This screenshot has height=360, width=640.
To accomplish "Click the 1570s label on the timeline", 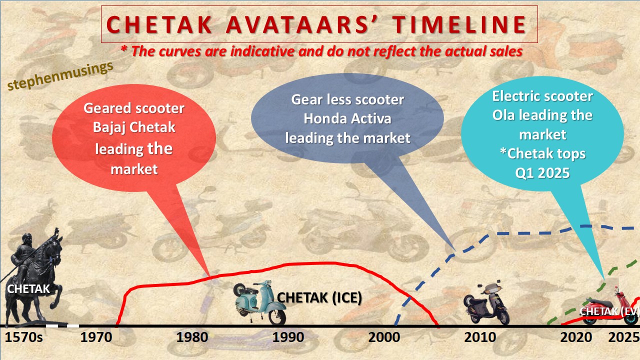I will pyautogui.click(x=24, y=337).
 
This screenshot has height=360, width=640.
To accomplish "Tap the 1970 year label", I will pyautogui.click(x=97, y=337).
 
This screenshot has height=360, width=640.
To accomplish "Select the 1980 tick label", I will pyautogui.click(x=193, y=337).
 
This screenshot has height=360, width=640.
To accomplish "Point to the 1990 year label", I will pyautogui.click(x=288, y=337).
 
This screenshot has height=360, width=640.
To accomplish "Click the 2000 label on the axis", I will pyautogui.click(x=384, y=337).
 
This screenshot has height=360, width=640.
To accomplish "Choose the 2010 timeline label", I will pyautogui.click(x=480, y=337).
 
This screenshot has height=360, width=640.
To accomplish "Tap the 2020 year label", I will pyautogui.click(x=576, y=337).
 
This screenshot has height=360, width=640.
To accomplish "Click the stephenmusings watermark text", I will pyautogui.click(x=60, y=76).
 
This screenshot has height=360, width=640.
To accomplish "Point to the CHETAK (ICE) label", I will pyautogui.click(x=319, y=297).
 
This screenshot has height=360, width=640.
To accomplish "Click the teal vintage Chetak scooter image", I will pyautogui.click(x=260, y=302).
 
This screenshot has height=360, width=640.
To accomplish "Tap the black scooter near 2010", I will pyautogui.click(x=486, y=303).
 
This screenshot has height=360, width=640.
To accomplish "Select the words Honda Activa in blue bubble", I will pyautogui.click(x=348, y=119).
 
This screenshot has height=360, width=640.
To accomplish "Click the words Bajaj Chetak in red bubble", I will pyautogui.click(x=134, y=127).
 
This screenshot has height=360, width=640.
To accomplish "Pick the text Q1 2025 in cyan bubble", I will pyautogui.click(x=542, y=172).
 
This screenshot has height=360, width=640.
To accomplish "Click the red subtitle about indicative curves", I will pyautogui.click(x=322, y=51).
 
